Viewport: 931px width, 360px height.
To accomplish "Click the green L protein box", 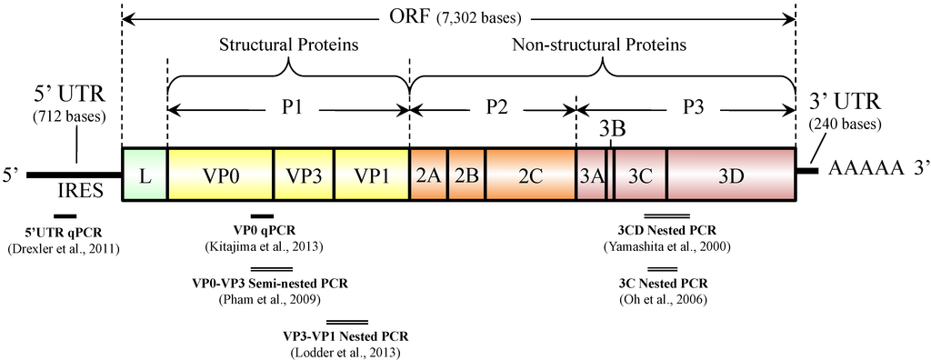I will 144,175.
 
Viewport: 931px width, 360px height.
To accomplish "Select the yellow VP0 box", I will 220,175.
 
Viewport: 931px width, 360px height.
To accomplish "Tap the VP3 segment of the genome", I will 303,175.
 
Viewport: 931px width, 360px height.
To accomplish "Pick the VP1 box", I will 371,175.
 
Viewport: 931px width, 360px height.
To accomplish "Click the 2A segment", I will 428,175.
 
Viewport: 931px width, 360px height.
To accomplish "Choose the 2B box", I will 465,175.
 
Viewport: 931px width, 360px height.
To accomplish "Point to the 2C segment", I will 530,175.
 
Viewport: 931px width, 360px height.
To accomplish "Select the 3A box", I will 591,175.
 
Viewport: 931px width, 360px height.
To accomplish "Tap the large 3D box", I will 731,175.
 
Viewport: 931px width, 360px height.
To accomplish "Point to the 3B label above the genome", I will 612,130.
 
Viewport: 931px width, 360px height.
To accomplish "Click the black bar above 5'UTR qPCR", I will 65,215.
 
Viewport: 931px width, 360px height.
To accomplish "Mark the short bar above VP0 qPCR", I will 262,215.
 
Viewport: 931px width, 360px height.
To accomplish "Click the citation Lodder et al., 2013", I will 345,351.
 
